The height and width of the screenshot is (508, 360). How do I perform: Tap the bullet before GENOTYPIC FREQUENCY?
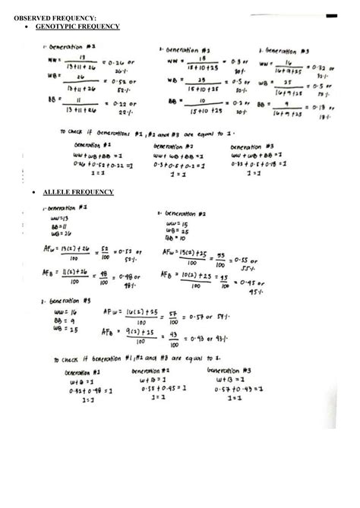click(28, 27)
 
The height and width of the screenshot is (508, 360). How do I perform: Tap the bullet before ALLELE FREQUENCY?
click(28, 193)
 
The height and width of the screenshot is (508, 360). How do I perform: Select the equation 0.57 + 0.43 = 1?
click(238, 390)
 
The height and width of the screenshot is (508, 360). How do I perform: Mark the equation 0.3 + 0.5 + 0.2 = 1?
click(176, 164)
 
